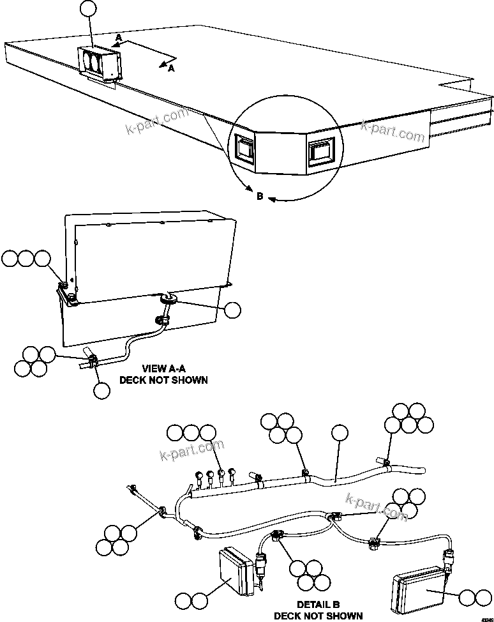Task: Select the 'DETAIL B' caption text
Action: click(x=318, y=605)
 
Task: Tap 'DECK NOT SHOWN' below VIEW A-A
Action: click(x=163, y=380)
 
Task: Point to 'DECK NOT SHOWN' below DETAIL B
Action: click(x=318, y=616)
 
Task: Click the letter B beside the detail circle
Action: click(x=260, y=197)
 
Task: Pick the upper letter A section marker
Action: click(x=118, y=38)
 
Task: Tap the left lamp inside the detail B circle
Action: click(x=245, y=148)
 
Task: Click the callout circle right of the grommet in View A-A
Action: click(x=233, y=310)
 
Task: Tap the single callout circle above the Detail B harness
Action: click(x=340, y=433)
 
